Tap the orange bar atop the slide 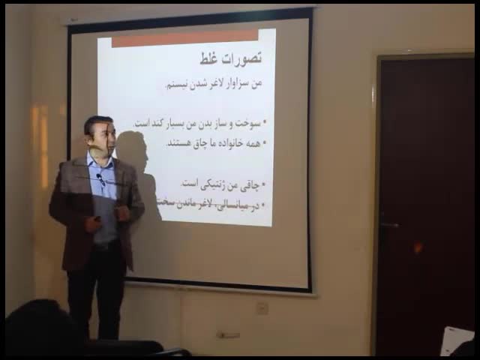[184, 37]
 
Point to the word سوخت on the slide [251, 123]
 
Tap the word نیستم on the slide [178, 84]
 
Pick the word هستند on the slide [181, 142]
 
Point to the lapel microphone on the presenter [100, 179]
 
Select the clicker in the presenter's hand [97, 219]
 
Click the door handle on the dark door [388, 224]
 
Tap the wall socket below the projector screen [262, 307]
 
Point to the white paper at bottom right [456, 340]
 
